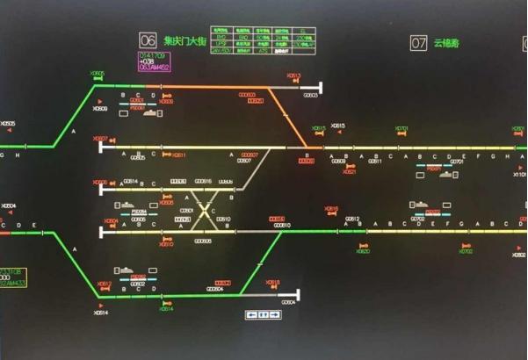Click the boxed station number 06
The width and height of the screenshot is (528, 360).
148,40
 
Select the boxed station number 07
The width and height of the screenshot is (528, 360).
418,42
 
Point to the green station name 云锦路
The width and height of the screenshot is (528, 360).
447,42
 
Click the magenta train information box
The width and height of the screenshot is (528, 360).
154,61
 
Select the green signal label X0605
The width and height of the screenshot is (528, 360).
98,73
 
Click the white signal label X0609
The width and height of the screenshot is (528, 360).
101,109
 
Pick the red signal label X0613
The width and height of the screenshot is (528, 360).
293,76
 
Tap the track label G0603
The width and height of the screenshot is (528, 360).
310,96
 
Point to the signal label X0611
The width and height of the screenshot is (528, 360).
179,155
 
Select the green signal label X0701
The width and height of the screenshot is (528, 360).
401,128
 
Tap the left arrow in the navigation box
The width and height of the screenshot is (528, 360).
252,314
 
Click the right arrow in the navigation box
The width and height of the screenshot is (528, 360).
274,314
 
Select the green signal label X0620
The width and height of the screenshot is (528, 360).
363,251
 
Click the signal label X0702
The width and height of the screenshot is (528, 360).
466,251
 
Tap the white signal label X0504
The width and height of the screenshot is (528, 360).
9,206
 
